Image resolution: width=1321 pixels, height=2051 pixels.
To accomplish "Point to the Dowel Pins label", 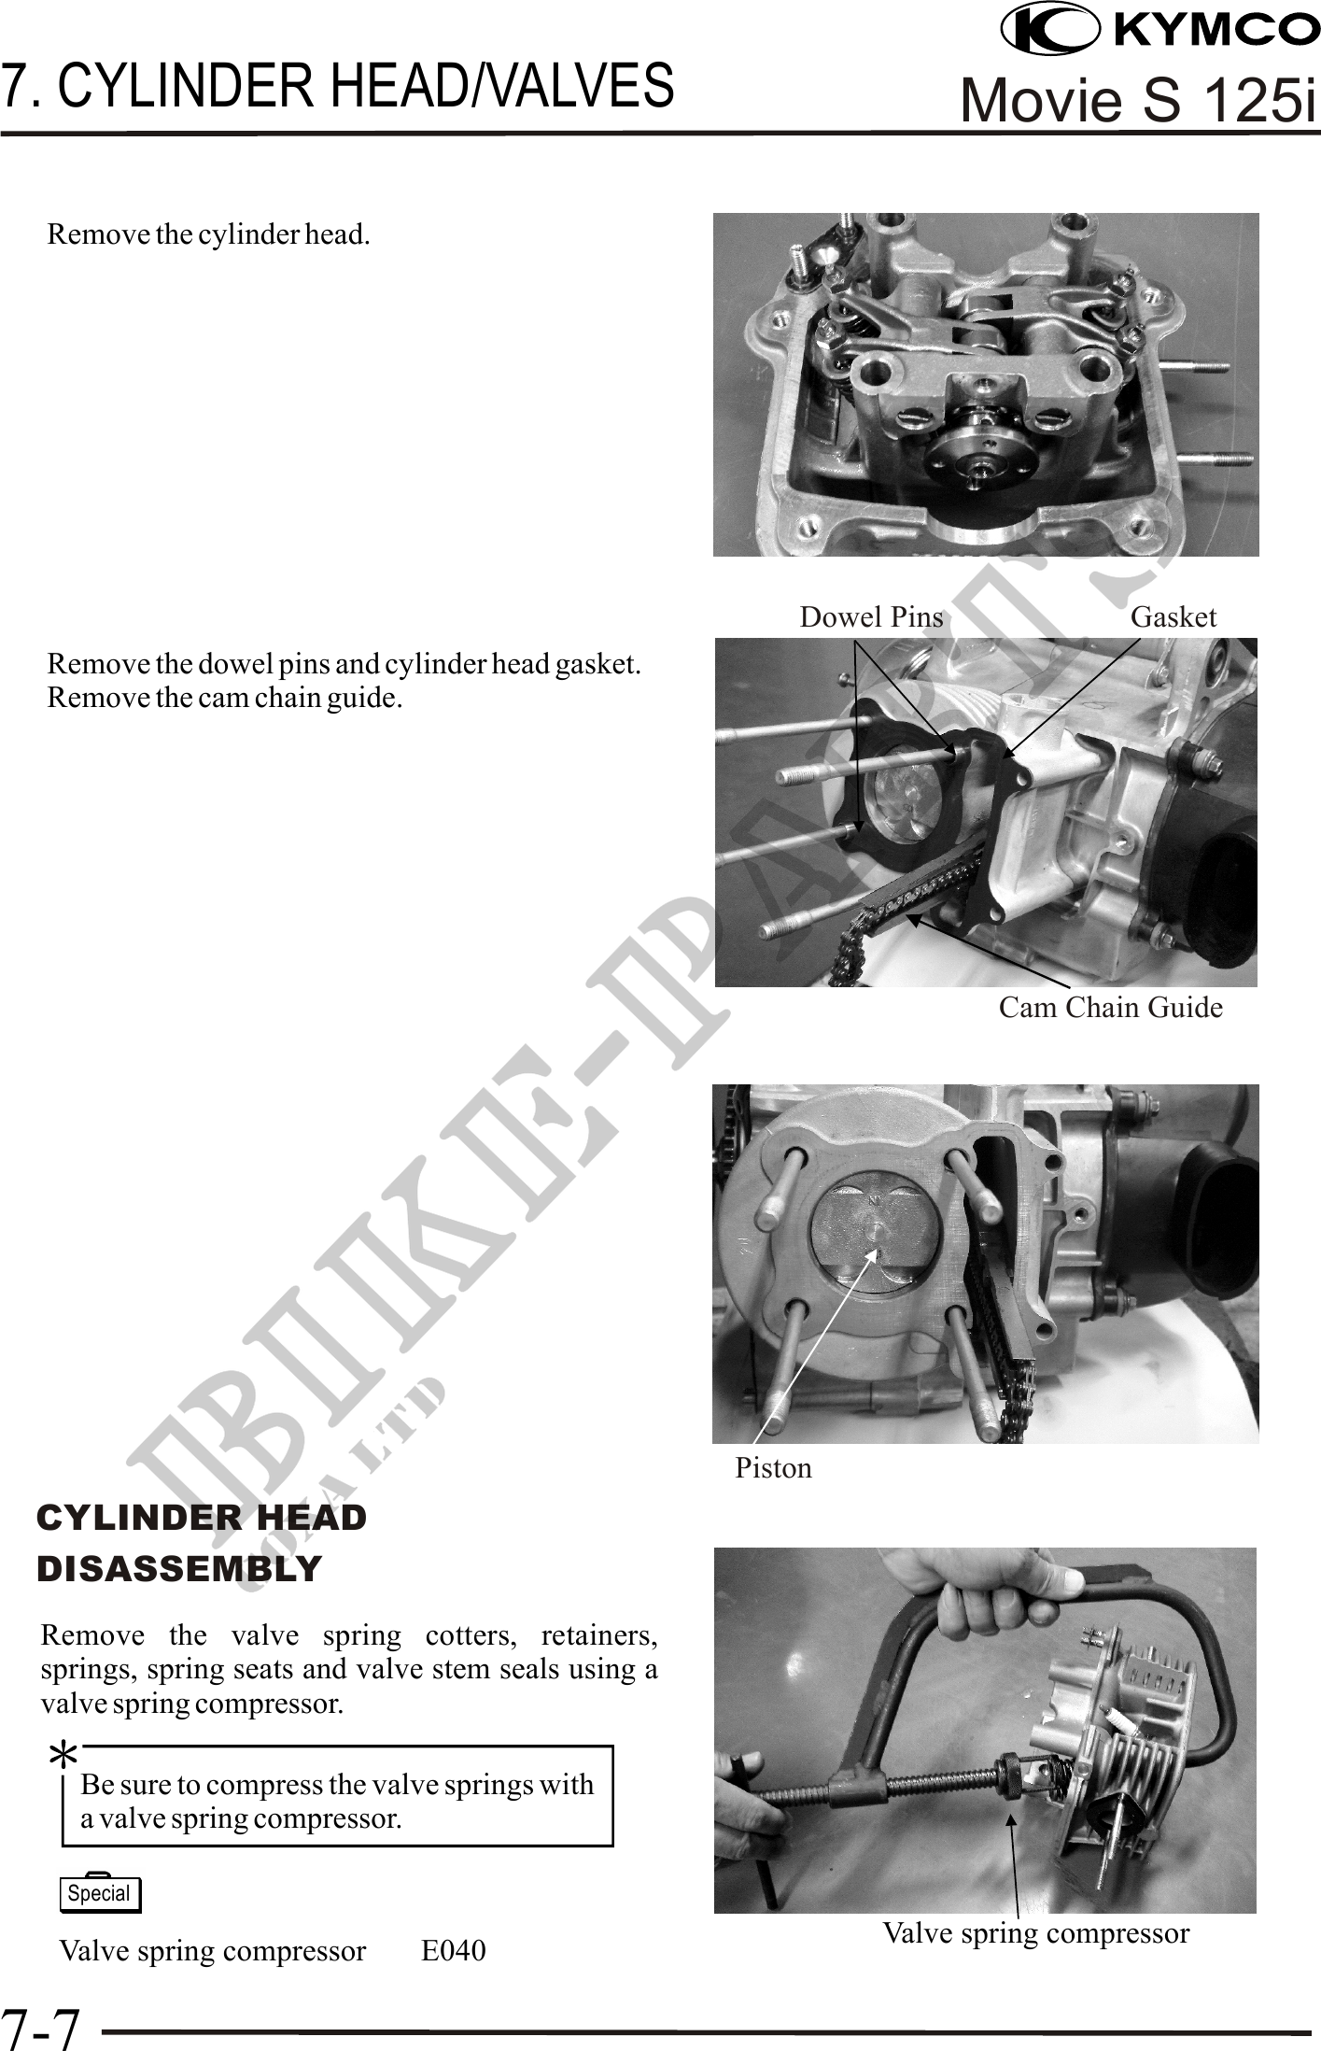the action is pyautogui.click(x=872, y=617).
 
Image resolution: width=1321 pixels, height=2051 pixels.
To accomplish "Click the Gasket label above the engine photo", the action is pyautogui.click(x=1173, y=617).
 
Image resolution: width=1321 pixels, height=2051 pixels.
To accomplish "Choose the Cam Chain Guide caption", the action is pyautogui.click(x=1111, y=1008).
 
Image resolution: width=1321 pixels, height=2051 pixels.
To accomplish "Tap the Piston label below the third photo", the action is pyautogui.click(x=773, y=1468).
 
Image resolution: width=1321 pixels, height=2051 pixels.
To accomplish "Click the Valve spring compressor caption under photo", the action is pyautogui.click(x=1036, y=1932).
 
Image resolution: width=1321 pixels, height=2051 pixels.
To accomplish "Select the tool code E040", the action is pyautogui.click(x=454, y=1951).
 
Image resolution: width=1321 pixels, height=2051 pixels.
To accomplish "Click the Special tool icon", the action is pyautogui.click(x=100, y=1893).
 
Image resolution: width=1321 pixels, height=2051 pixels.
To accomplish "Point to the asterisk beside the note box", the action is pyautogui.click(x=63, y=1759).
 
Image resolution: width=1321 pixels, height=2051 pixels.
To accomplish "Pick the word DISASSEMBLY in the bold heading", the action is pyautogui.click(x=179, y=1568).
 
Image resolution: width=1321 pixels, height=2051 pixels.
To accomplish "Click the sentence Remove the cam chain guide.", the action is pyautogui.click(x=225, y=698).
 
